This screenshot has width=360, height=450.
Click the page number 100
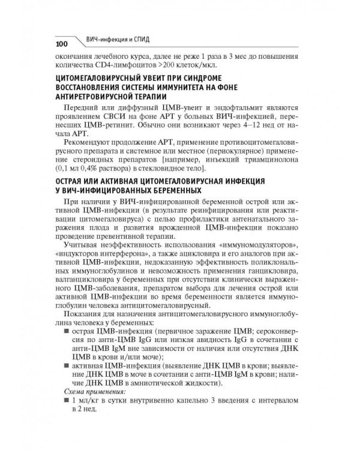coord(63,44)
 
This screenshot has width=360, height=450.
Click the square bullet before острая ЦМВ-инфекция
coord(67,330)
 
